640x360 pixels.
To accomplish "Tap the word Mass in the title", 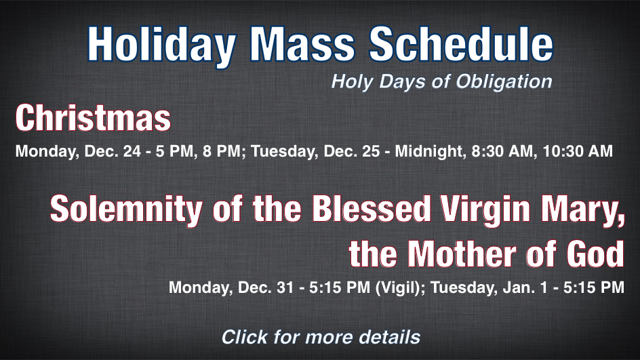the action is [302, 43].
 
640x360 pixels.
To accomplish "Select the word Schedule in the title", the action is [461, 43].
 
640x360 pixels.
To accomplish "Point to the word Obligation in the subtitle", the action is [504, 81].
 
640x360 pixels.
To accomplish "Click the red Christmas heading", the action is [93, 117].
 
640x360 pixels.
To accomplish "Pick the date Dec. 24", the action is [113, 151].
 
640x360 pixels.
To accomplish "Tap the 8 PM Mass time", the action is [221, 151].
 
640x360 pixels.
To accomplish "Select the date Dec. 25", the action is [352, 151].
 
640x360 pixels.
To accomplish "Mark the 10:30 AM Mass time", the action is [578, 151].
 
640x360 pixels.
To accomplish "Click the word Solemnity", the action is [125, 209].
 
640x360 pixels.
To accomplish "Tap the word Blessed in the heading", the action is [372, 208].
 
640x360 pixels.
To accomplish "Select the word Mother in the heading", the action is [462, 254].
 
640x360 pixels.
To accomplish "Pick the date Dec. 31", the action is [266, 287].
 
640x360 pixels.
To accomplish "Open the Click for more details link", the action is [321, 337].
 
